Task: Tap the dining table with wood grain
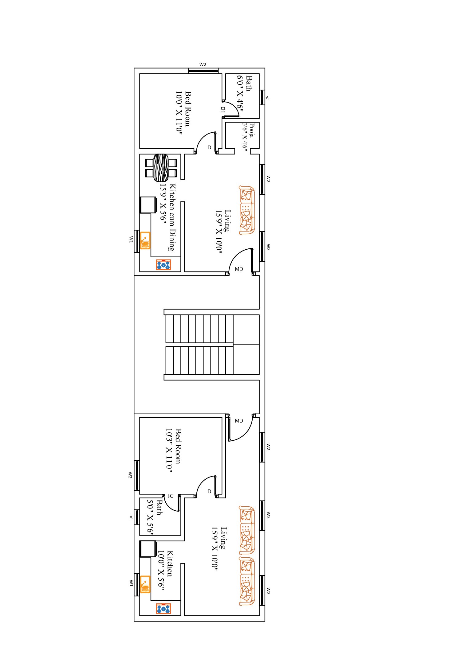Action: point(161,167)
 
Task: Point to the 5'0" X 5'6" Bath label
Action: point(154,517)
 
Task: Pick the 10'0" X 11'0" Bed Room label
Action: point(183,111)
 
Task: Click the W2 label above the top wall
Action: point(203,64)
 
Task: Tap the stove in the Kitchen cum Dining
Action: point(164,265)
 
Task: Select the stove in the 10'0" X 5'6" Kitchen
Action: point(164,609)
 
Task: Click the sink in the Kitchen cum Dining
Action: point(145,240)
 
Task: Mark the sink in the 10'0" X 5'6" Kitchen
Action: point(145,584)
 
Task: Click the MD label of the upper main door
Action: point(239,269)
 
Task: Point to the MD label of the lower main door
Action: point(239,421)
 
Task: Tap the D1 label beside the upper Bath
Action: point(223,109)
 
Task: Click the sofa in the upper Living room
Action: point(247,210)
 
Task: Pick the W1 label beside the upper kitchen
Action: point(131,239)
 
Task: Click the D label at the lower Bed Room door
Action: point(209,491)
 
